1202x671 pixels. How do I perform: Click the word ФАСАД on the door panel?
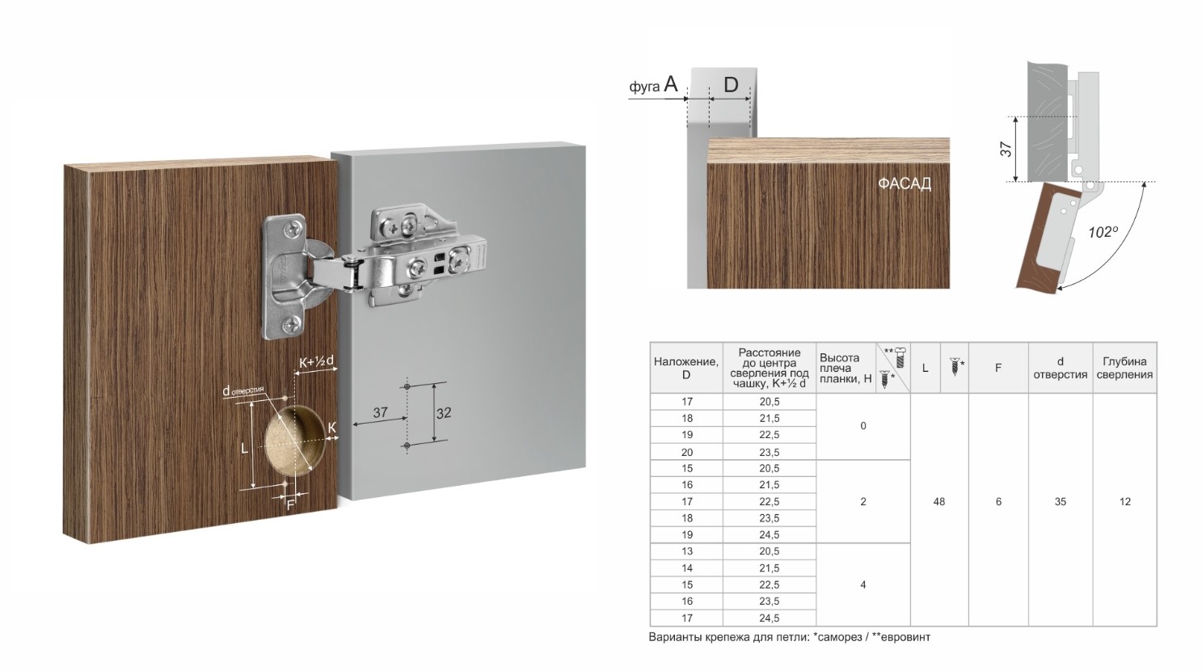click(x=905, y=184)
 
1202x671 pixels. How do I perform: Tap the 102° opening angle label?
click(x=1103, y=233)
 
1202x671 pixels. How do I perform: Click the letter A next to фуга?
click(x=671, y=84)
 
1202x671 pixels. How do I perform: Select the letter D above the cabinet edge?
click(x=731, y=84)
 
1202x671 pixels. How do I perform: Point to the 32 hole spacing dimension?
click(x=443, y=413)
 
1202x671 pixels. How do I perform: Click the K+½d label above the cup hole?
click(x=317, y=362)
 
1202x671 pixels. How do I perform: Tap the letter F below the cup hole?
click(x=290, y=505)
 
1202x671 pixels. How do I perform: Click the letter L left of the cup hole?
click(x=245, y=448)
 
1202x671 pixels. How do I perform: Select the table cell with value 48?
click(x=939, y=501)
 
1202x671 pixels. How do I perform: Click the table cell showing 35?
click(x=1061, y=501)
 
